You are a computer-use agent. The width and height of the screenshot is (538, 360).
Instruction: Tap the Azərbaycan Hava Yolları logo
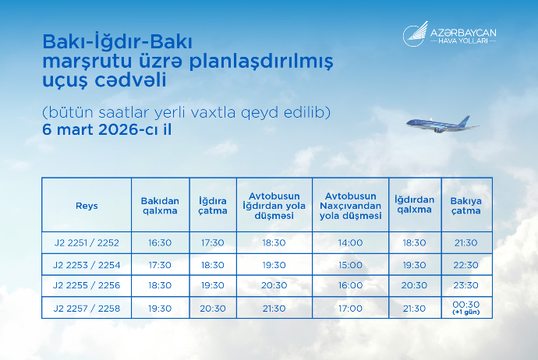(x=449, y=35)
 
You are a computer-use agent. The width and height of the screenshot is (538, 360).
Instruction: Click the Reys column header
(x=87, y=205)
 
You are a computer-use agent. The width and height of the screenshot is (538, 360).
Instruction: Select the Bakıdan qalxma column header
(x=160, y=205)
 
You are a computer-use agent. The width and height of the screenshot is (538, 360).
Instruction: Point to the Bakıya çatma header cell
(x=466, y=205)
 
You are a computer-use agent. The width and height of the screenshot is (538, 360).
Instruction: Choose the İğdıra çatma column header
(x=213, y=205)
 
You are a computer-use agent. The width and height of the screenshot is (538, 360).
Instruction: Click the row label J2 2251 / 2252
(x=87, y=242)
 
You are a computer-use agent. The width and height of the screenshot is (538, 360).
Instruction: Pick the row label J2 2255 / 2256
(x=87, y=286)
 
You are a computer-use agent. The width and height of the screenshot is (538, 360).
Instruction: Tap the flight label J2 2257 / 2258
(x=87, y=309)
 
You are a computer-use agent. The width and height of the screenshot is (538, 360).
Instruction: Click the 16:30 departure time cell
(x=160, y=242)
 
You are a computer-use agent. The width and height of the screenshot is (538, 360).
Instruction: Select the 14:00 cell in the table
(x=350, y=242)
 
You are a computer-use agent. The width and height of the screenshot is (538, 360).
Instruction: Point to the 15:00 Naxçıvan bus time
(x=350, y=264)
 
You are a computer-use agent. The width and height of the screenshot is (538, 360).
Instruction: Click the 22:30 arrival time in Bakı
(x=466, y=264)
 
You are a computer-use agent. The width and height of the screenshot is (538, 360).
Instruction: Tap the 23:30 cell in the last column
(x=466, y=286)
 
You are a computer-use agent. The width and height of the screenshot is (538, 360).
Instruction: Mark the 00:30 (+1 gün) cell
(x=466, y=307)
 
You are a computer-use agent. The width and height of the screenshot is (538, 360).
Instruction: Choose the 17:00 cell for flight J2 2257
(x=350, y=309)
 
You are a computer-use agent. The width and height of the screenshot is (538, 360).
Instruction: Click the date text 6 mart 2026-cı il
(x=107, y=129)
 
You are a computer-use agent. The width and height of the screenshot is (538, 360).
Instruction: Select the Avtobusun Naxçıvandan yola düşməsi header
(x=350, y=205)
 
